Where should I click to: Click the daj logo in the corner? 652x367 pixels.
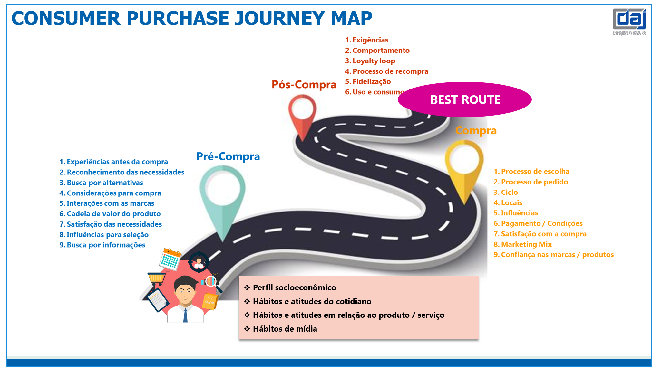pyautogui.click(x=629, y=21)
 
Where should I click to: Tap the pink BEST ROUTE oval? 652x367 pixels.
pyautogui.click(x=464, y=100)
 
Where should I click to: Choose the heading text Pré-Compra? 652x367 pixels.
pyautogui.click(x=228, y=156)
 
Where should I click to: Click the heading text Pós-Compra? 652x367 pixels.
pyautogui.click(x=304, y=85)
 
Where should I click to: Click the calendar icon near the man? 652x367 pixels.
pyautogui.click(x=170, y=259)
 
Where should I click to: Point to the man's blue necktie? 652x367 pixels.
pyautogui.click(x=185, y=315)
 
